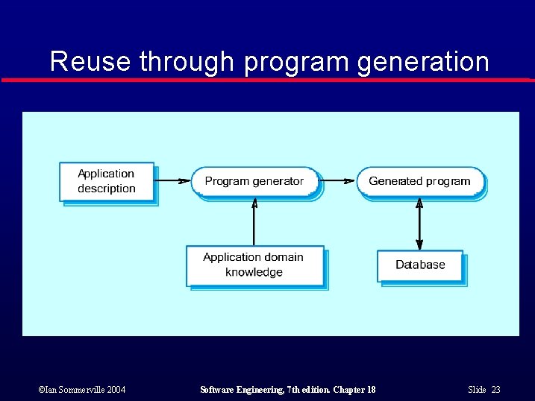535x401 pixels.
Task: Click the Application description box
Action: tap(107, 181)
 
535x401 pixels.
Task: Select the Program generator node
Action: tap(254, 181)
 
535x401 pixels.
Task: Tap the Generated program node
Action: tap(419, 181)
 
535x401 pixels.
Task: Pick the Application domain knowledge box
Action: tap(254, 265)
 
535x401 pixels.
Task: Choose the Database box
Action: tap(419, 265)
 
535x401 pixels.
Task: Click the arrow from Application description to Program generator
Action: tap(172, 180)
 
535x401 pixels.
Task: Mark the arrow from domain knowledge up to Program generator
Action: tap(254, 221)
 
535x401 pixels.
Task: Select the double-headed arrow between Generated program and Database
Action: tap(419, 224)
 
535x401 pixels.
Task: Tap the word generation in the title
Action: tap(423, 61)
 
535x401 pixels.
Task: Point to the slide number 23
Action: tap(495, 390)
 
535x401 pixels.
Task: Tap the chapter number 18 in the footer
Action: tap(369, 390)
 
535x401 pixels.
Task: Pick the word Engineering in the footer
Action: tap(260, 390)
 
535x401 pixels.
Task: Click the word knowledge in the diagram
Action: tap(254, 272)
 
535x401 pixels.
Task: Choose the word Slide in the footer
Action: tap(478, 390)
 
